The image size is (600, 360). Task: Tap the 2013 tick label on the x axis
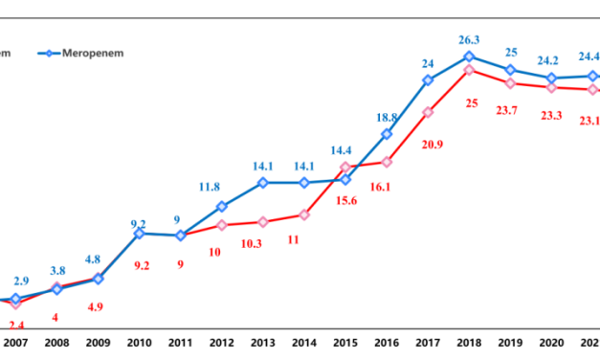[262, 343]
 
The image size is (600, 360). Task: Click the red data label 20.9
[429, 144]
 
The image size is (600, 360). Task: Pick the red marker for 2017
[429, 112]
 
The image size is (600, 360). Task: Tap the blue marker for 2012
[221, 206]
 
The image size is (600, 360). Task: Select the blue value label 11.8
[221, 187]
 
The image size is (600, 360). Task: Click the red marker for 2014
[304, 214]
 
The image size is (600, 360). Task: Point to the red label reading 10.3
[262, 244]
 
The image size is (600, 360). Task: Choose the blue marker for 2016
[388, 134]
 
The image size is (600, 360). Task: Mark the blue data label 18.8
[388, 116]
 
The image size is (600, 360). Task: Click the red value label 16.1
[388, 188]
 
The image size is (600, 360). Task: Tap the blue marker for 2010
[139, 233]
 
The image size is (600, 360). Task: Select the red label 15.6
[345, 198]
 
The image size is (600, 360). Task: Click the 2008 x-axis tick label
[56, 343]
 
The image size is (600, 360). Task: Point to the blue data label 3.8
[56, 270]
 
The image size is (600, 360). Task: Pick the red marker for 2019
[511, 83]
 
